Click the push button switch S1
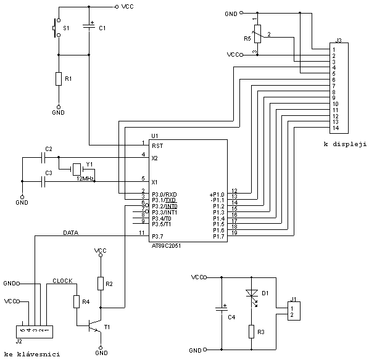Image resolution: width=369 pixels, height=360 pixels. (x=56, y=28)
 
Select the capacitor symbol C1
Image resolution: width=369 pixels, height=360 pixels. (x=89, y=28)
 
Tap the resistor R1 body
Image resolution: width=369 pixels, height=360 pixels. (x=59, y=79)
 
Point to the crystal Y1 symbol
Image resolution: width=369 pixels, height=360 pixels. (x=77, y=169)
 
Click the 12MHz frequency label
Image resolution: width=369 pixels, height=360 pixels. (x=85, y=179)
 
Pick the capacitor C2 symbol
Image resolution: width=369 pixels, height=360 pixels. (x=43, y=157)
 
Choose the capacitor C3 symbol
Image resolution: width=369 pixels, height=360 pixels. (x=43, y=181)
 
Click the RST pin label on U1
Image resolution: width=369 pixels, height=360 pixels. (x=157, y=146)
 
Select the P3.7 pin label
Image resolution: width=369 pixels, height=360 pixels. (x=157, y=236)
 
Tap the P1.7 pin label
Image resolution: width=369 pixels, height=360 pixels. (x=218, y=237)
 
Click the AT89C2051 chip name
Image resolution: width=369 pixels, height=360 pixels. (x=166, y=246)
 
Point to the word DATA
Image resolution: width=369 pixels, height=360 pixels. (x=70, y=233)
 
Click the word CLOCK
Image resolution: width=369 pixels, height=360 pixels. (x=62, y=281)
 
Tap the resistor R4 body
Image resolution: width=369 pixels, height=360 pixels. (x=77, y=302)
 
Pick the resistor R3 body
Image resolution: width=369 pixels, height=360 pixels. (x=252, y=332)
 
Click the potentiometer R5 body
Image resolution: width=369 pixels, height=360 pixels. (x=257, y=34)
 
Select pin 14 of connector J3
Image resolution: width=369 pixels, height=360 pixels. (x=336, y=128)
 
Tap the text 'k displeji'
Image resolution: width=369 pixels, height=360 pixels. (x=345, y=144)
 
